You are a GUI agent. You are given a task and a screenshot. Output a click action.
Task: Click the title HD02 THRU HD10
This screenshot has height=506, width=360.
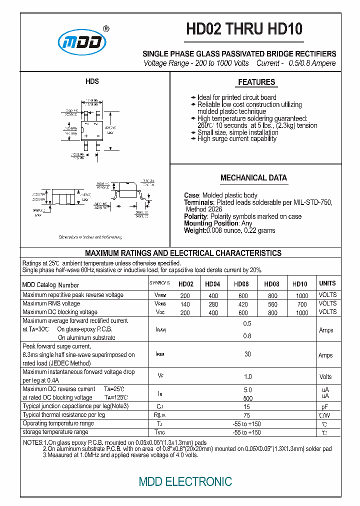(x=244, y=29)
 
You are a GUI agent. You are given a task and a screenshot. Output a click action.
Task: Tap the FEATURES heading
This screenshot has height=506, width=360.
(x=256, y=82)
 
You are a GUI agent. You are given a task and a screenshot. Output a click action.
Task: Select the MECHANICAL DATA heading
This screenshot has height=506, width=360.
(x=253, y=178)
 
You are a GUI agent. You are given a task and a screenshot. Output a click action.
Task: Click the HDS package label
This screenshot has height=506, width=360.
(x=92, y=81)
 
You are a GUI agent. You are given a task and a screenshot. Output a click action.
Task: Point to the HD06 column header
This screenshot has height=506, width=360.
(x=241, y=284)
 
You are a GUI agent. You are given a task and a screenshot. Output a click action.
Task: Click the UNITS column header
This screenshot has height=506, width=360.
(x=327, y=283)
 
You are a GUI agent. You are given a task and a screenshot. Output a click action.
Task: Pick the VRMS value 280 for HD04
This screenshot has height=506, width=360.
(x=213, y=304)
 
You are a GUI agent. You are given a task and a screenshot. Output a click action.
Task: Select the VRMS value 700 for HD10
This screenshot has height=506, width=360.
(x=301, y=304)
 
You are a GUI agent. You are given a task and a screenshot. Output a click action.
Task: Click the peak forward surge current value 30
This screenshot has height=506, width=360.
(x=247, y=354)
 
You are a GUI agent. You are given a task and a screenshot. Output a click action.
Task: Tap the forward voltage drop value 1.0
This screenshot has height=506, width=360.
(x=247, y=376)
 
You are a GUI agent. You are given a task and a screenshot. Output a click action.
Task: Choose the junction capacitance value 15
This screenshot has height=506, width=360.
(x=247, y=407)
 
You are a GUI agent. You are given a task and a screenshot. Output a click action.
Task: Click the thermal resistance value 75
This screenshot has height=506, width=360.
(x=247, y=415)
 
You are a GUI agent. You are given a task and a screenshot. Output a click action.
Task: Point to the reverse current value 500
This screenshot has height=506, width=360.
(x=247, y=398)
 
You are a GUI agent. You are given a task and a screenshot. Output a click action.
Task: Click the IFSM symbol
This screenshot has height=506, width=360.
(x=160, y=354)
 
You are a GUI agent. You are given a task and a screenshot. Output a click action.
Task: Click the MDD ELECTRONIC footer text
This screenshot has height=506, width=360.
(x=185, y=481)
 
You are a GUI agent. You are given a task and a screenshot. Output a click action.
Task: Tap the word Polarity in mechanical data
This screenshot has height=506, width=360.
(x=195, y=216)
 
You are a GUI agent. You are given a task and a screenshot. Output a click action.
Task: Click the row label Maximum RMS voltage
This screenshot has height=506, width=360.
(x=51, y=303)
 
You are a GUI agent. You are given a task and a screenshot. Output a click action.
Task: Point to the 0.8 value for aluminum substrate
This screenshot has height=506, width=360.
(x=247, y=336)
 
